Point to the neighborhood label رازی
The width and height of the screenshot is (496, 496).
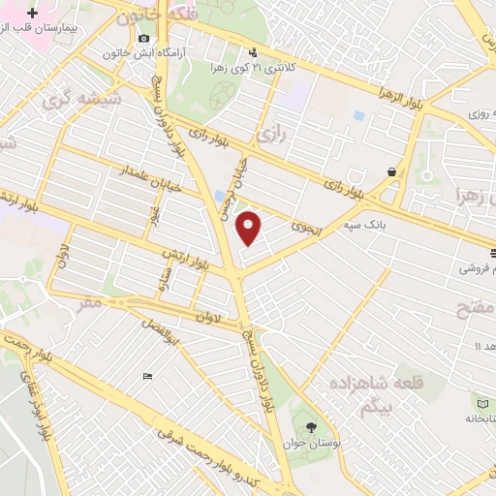(x=270, y=133)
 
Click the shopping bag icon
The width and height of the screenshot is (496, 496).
(x=391, y=172)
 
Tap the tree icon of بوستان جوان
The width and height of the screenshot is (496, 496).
(x=311, y=427)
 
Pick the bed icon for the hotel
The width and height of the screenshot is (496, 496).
(x=146, y=376)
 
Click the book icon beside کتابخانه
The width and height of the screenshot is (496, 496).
(x=483, y=402)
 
